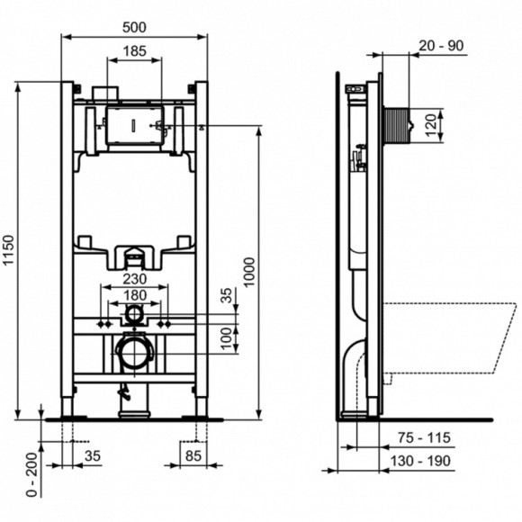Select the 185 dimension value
pos(135,52)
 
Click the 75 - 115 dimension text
pos(423,440)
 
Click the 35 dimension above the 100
pos(225,295)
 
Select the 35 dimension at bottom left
pos(92,456)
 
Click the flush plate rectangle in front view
pos(133,125)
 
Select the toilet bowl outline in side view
pos(450,337)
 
